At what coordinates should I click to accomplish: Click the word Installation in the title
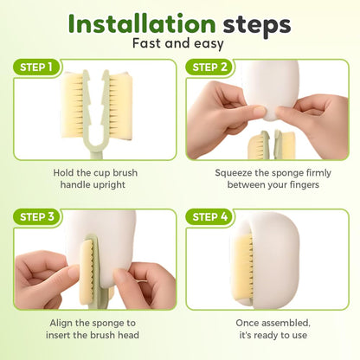click(x=142, y=24)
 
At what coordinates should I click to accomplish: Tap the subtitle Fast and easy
click(x=178, y=44)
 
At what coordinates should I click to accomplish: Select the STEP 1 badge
click(x=36, y=67)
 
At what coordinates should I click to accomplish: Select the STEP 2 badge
click(x=209, y=67)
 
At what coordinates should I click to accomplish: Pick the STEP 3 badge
click(x=37, y=216)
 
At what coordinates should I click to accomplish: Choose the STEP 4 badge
click(x=210, y=216)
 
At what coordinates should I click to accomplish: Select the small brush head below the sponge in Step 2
click(x=271, y=145)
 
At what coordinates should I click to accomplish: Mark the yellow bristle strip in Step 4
click(x=244, y=267)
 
